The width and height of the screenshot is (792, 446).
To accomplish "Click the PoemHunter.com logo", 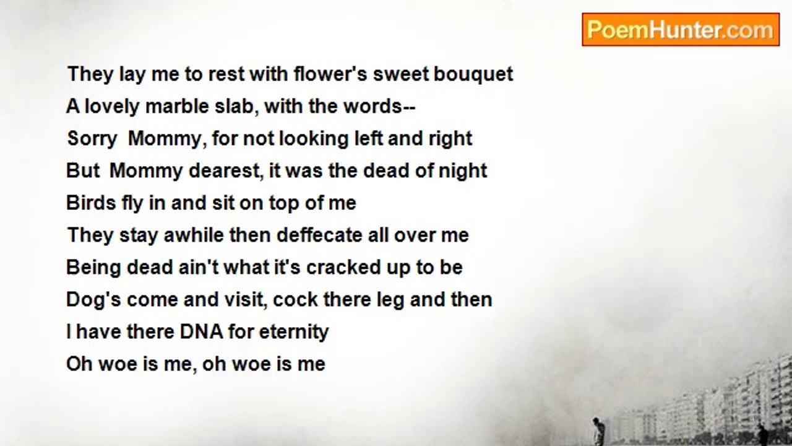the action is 681,30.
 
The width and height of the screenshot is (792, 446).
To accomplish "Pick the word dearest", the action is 226,171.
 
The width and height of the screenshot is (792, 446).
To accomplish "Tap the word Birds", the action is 91,203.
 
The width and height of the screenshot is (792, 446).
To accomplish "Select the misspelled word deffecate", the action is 319,235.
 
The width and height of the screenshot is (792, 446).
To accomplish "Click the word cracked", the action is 343,267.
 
